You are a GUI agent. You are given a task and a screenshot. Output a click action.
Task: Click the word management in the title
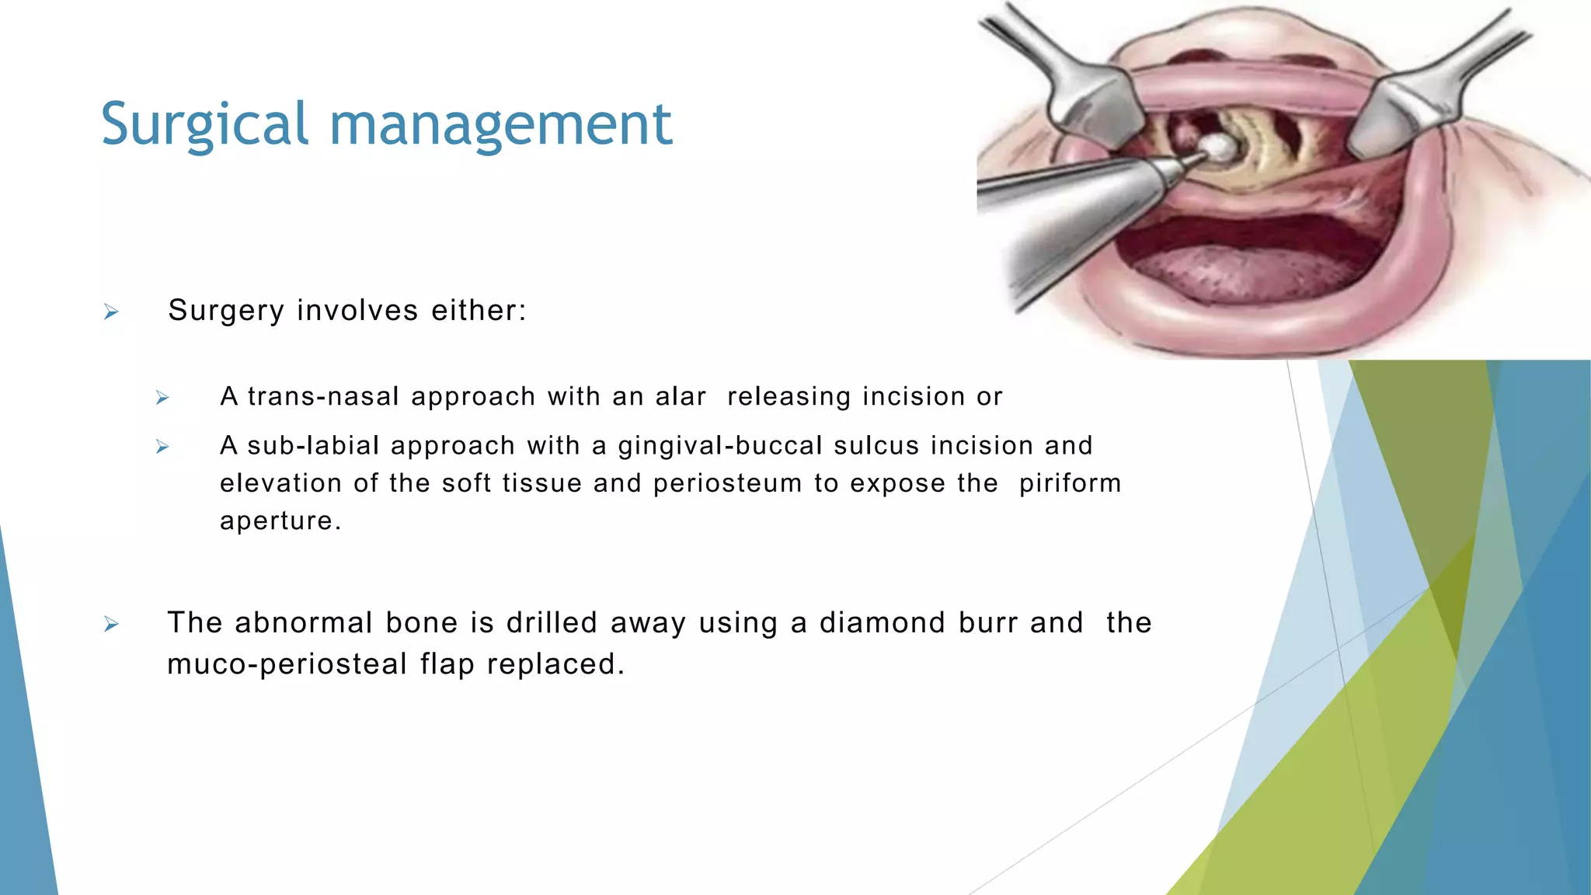pyautogui.click(x=500, y=124)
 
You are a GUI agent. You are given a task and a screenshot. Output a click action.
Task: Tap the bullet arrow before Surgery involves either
pyautogui.click(x=111, y=312)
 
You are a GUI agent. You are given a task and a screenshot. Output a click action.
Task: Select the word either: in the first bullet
pyautogui.click(x=479, y=311)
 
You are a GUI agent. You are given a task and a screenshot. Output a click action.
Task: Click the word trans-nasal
pyautogui.click(x=323, y=397)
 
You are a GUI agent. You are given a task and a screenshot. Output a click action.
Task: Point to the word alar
pyautogui.click(x=681, y=397)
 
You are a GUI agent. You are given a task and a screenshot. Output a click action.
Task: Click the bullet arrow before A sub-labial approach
pyautogui.click(x=162, y=447)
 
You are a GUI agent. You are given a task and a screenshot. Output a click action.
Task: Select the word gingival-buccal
pyautogui.click(x=720, y=446)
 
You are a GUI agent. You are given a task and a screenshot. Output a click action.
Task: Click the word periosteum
pyautogui.click(x=727, y=483)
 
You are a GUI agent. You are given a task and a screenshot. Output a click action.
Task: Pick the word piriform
pyautogui.click(x=1070, y=483)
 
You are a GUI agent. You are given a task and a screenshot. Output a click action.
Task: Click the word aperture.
pyautogui.click(x=280, y=521)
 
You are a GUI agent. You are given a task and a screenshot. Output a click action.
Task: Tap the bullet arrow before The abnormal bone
pyautogui.click(x=111, y=625)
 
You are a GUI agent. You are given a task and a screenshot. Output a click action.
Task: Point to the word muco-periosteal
pyautogui.click(x=287, y=664)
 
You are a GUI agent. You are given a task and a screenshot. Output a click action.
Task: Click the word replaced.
pyautogui.click(x=555, y=664)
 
